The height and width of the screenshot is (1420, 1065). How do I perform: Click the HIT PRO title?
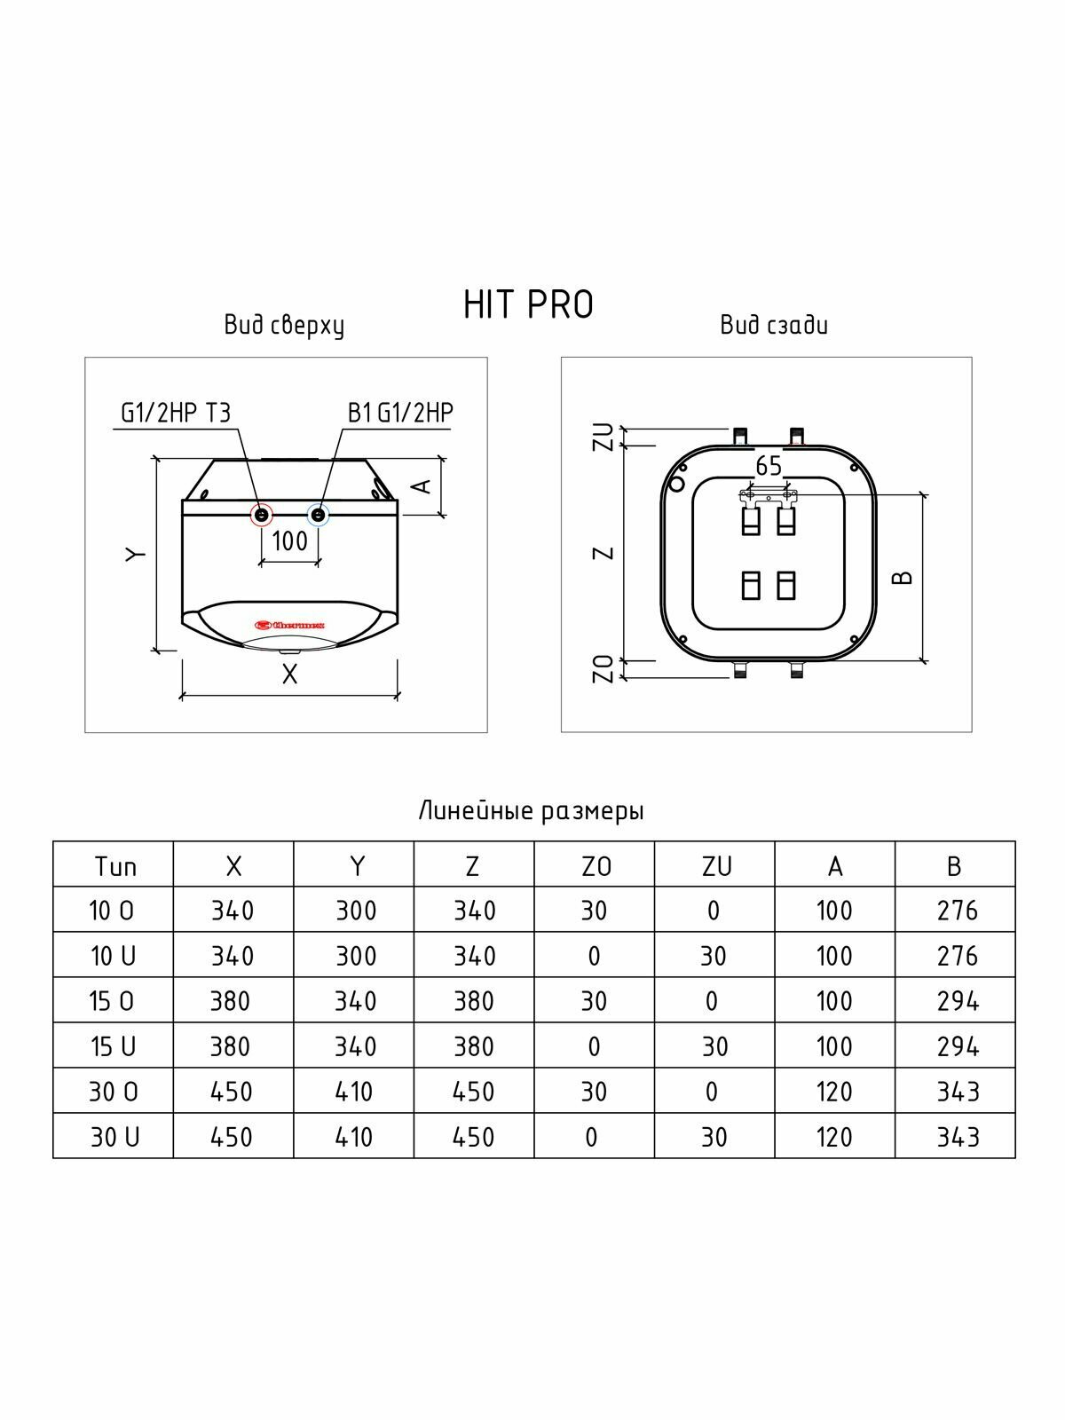pos(528,304)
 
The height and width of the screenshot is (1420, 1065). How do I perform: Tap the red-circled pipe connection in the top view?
pos(262,514)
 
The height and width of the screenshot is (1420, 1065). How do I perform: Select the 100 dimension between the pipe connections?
pos(289,540)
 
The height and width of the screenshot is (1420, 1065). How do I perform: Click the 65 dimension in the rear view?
pos(769,466)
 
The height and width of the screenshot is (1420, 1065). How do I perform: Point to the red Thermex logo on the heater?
pos(290,625)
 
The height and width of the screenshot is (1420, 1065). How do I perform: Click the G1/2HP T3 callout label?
pos(176,413)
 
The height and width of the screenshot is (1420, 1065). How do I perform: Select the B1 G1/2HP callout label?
pos(401,413)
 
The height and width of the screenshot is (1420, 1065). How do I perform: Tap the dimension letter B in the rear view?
pos(903,578)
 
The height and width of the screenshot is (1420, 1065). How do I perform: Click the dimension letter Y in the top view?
pos(134,554)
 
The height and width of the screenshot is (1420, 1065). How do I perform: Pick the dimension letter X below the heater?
pos(289,675)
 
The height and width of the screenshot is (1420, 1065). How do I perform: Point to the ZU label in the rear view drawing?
pos(604,437)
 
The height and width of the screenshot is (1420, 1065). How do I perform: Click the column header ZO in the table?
pos(595,866)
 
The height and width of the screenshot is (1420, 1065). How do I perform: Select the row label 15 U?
pos(113,1046)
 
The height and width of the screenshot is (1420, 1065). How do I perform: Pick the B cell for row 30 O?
pos(957,1092)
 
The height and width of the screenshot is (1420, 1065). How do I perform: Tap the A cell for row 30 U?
pos(834,1137)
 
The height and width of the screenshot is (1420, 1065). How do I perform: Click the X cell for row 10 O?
pos(233,911)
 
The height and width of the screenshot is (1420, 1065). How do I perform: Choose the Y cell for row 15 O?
pos(355,1001)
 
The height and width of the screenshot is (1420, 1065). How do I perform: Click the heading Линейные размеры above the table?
pos(531,811)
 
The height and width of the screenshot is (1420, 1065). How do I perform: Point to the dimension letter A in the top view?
pos(423,485)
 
